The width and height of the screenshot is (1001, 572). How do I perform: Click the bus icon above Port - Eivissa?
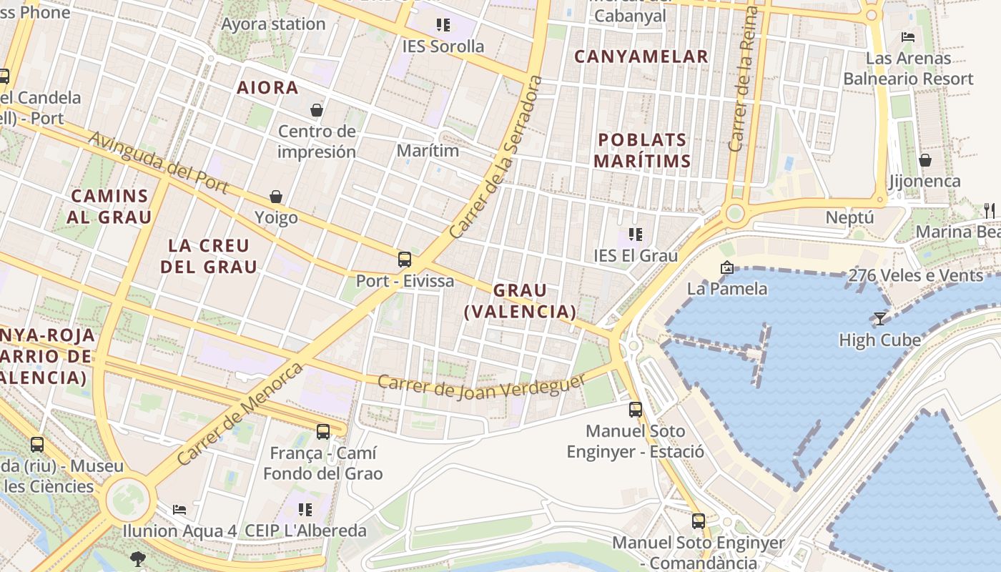point(405,259)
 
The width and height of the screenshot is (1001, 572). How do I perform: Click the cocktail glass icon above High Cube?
point(880,318)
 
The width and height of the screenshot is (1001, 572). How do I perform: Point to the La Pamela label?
point(727,289)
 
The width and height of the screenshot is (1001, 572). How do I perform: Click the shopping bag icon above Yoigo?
point(276,197)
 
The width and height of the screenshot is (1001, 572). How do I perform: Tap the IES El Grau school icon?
point(635,234)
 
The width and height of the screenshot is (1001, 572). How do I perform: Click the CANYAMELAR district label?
point(641,56)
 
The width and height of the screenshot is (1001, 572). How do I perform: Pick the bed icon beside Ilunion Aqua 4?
point(179,510)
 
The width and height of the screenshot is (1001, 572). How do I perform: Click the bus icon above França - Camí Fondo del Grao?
point(323,431)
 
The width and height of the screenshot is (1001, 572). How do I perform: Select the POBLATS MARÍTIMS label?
point(642,150)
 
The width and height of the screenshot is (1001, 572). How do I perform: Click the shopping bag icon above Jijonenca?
point(925,160)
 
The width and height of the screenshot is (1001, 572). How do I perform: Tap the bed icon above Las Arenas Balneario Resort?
point(908,36)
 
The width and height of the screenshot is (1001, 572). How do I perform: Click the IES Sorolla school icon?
point(443,26)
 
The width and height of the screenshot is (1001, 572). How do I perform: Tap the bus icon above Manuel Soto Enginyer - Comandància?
point(699,521)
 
